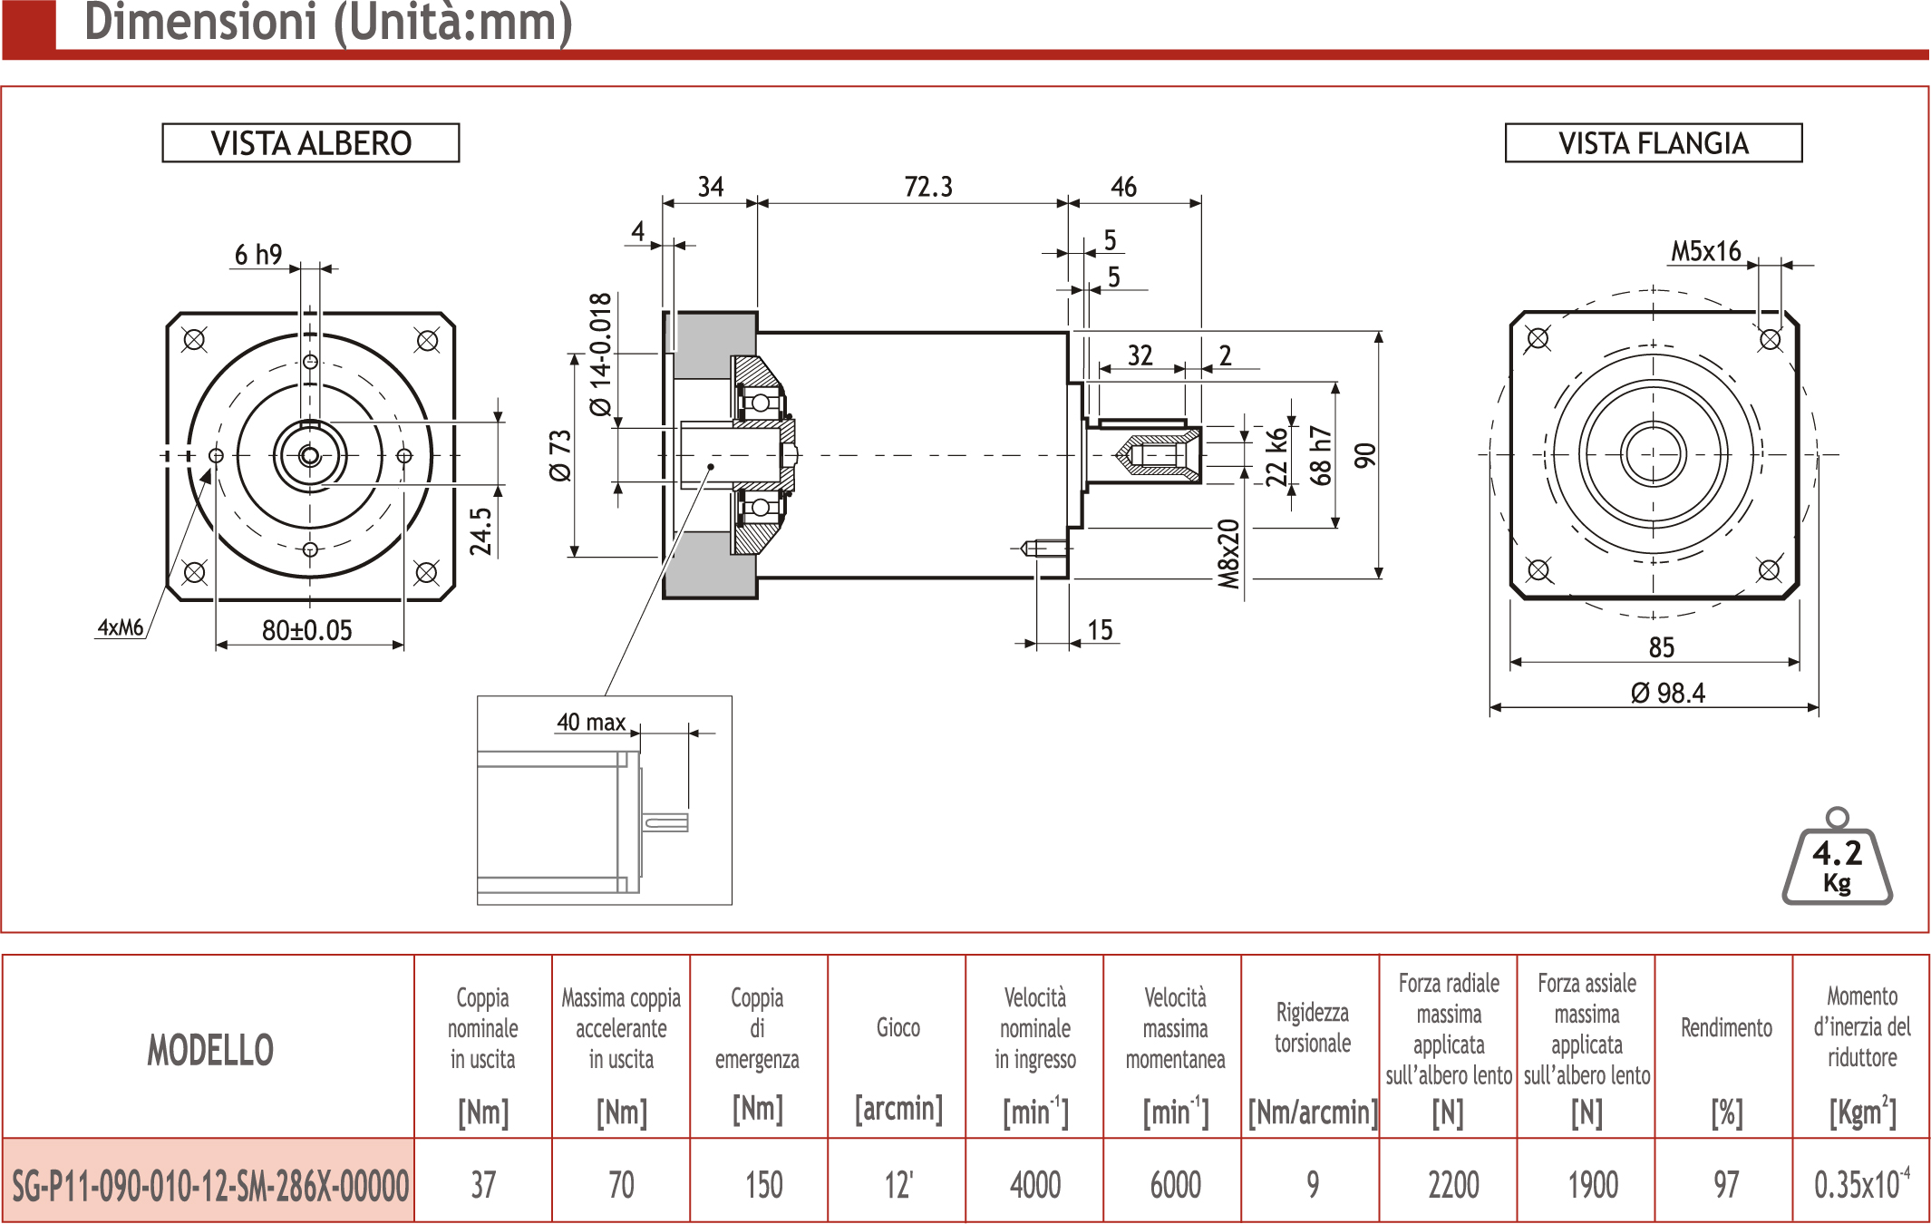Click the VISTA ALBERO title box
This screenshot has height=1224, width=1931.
tap(310, 143)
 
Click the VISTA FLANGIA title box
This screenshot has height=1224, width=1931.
tap(1653, 143)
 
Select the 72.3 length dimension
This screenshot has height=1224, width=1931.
tap(927, 188)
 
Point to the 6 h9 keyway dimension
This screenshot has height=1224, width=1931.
tap(258, 255)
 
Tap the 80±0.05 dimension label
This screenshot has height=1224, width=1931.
tap(306, 630)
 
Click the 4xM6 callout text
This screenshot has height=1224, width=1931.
tap(121, 627)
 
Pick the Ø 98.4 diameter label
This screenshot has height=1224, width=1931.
tap(1667, 694)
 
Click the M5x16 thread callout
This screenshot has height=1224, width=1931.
tap(1705, 251)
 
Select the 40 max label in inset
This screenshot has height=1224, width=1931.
tap(591, 723)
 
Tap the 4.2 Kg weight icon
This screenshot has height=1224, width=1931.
tap(1837, 862)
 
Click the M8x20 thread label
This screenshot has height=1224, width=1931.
tap(1228, 554)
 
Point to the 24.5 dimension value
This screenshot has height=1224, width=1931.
tap(480, 531)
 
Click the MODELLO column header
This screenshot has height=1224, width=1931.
tap(209, 1050)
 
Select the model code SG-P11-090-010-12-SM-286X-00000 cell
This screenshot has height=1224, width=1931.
tap(209, 1185)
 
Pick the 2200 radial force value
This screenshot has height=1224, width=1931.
tap(1452, 1185)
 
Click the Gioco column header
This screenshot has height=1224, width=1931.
tap(898, 1028)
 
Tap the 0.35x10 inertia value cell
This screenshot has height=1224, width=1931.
tap(1860, 1184)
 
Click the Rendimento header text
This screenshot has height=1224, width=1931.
tap(1725, 1028)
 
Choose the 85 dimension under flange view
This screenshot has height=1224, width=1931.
tap(1661, 647)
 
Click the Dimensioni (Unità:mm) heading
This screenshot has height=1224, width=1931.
tap(328, 23)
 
